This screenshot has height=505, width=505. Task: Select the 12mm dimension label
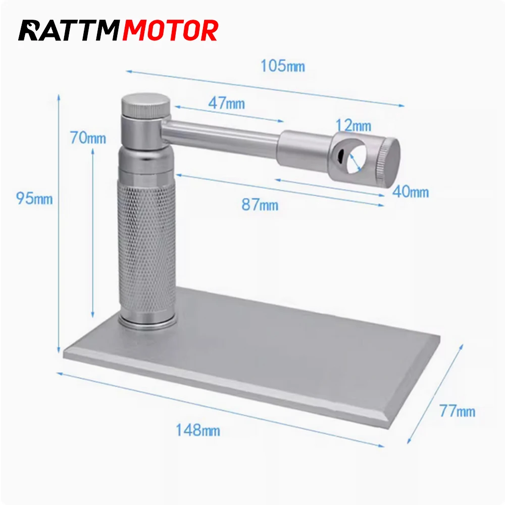click(353, 125)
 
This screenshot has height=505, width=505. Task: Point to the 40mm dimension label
click(411, 192)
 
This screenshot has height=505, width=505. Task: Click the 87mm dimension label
click(260, 205)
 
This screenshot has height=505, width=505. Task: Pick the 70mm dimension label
click(88, 137)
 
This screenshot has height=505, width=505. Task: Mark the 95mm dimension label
click(34, 198)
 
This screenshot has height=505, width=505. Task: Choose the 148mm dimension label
click(197, 430)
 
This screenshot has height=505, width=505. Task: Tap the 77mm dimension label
click(457, 411)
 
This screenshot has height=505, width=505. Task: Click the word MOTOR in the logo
click(171, 31)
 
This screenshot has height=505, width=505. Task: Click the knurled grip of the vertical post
click(146, 247)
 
